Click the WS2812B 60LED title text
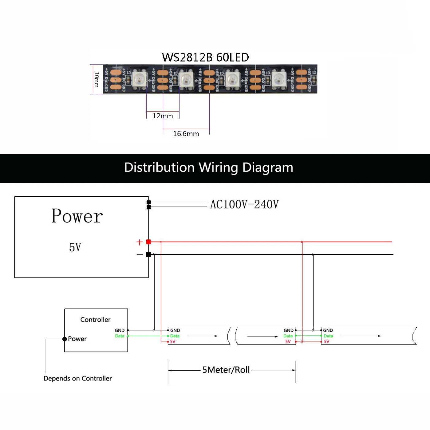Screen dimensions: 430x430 [x=205, y=57]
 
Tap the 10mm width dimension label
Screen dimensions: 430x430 [x=97, y=79]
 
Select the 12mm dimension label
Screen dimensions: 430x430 [x=163, y=116]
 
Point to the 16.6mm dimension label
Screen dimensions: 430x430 [x=186, y=134]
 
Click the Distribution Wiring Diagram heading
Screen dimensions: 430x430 [x=209, y=168]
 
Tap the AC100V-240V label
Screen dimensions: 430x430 [x=244, y=204]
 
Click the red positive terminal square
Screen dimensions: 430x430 [x=148, y=242]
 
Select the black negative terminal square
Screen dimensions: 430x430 [x=148, y=254]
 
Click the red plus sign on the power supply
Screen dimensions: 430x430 [x=140, y=242]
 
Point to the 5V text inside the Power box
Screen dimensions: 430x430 [x=75, y=247]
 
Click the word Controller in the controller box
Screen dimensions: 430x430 [x=95, y=320]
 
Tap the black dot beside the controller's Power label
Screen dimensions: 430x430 [x=65, y=339]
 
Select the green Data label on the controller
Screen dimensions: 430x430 [x=120, y=336]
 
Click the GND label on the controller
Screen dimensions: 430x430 [x=120, y=330]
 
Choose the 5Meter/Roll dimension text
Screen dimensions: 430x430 [x=226, y=370]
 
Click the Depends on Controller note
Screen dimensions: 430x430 [x=78, y=378]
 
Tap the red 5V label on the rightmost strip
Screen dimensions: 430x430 [x=326, y=341]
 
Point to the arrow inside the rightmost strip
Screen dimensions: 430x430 [x=361, y=336]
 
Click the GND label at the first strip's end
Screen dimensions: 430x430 [x=288, y=330]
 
